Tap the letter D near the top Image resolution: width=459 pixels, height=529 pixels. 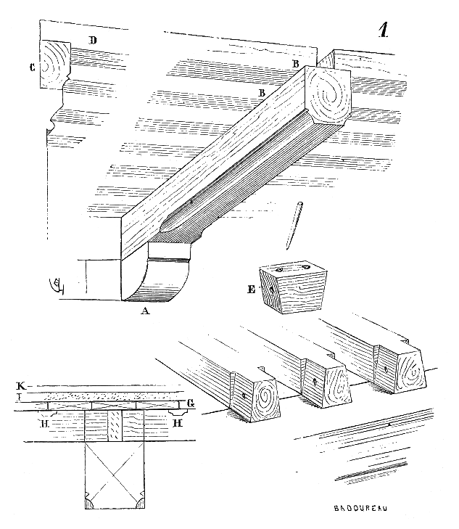tap(93, 40)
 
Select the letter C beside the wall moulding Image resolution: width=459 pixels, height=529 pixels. tap(33, 68)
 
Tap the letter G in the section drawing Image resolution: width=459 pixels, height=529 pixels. tap(190, 402)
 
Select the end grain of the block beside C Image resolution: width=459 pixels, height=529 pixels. tap(54, 64)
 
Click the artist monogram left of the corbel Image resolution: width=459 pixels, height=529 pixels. tap(54, 285)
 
